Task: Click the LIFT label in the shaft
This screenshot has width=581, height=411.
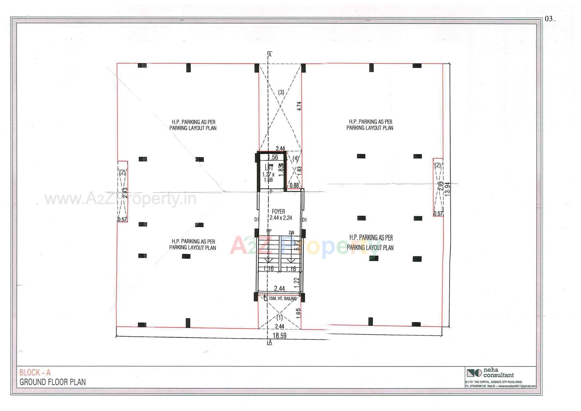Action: [x=269, y=167]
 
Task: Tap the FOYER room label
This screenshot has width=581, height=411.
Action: [x=278, y=211]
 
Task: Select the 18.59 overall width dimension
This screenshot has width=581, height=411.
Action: [x=279, y=336]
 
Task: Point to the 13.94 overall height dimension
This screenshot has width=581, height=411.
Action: [x=448, y=189]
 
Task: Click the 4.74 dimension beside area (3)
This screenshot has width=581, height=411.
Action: [x=299, y=106]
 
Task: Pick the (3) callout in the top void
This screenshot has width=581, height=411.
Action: [x=281, y=92]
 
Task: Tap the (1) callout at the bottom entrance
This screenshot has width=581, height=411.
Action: [x=280, y=318]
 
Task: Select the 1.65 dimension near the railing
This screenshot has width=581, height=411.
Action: [x=298, y=313]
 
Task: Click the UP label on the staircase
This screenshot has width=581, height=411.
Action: [x=269, y=231]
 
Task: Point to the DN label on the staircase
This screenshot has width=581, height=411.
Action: [x=291, y=233]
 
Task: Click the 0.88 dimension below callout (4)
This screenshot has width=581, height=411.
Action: [x=294, y=185]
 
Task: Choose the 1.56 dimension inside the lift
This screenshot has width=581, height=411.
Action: [x=273, y=157]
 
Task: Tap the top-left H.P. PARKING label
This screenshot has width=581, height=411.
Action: [x=193, y=125]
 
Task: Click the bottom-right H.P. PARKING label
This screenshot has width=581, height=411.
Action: [x=370, y=242]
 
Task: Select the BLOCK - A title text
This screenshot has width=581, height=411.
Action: [x=35, y=373]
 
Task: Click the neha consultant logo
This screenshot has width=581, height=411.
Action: [x=474, y=373]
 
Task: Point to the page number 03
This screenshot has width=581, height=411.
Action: [x=548, y=19]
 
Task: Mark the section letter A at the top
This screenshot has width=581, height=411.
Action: [x=270, y=55]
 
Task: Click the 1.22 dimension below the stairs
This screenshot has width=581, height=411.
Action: [x=297, y=281]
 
